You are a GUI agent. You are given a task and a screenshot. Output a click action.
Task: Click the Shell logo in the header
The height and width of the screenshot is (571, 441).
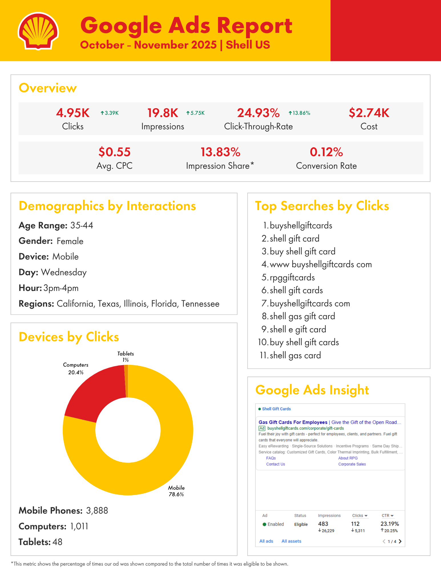tap(38, 31)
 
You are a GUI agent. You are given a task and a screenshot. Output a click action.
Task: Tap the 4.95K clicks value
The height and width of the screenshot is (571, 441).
tap(73, 113)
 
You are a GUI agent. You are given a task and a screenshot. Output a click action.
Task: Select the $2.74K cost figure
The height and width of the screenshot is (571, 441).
tap(369, 113)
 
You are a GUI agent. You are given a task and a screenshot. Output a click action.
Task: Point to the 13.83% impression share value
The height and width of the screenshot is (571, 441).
tap(220, 152)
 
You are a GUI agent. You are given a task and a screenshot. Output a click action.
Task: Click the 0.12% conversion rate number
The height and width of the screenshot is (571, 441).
tap(326, 152)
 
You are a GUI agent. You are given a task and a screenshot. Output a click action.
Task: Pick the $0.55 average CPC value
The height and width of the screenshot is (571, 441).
tap(114, 152)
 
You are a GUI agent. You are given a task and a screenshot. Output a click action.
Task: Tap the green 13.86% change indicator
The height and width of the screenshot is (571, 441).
tap(299, 113)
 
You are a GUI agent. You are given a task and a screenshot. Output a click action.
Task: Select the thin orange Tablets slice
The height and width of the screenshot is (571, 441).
tap(126, 381)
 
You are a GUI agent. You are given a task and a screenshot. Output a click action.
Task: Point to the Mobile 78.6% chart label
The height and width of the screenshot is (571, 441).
tap(176, 491)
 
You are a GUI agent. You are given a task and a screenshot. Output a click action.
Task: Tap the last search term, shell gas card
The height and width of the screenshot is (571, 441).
tap(295, 355)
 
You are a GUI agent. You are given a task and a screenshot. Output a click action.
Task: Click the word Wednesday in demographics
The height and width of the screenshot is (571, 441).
tap(64, 272)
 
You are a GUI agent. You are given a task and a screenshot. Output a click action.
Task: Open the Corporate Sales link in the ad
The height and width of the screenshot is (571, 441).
tap(352, 464)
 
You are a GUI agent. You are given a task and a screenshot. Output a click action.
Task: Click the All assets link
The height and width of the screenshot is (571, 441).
tap(291, 541)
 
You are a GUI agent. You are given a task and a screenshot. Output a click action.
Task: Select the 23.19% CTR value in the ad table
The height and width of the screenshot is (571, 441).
tap(390, 524)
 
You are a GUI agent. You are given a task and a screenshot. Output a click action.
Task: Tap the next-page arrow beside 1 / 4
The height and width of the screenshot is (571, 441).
tap(400, 541)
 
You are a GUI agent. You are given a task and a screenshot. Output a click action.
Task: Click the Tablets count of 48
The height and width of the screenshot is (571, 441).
tap(57, 542)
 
